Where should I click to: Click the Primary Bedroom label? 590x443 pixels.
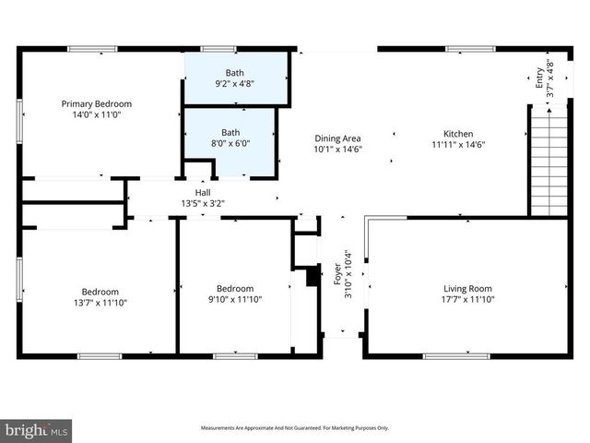97,103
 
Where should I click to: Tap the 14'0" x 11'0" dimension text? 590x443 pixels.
97,115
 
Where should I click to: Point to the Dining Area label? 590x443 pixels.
338,138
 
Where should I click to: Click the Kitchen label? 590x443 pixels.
458,133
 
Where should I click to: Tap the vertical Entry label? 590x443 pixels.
540,78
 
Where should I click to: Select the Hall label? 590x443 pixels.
202,192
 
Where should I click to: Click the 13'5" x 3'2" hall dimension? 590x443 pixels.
202,204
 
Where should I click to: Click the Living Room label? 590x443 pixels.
467,289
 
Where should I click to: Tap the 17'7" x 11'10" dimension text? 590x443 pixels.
467,301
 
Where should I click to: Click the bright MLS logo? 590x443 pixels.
37,430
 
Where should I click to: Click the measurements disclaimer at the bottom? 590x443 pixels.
295,428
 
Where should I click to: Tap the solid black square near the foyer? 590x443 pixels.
313,276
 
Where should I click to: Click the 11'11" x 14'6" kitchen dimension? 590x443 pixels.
458,145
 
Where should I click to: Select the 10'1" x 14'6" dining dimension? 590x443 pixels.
338,150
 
